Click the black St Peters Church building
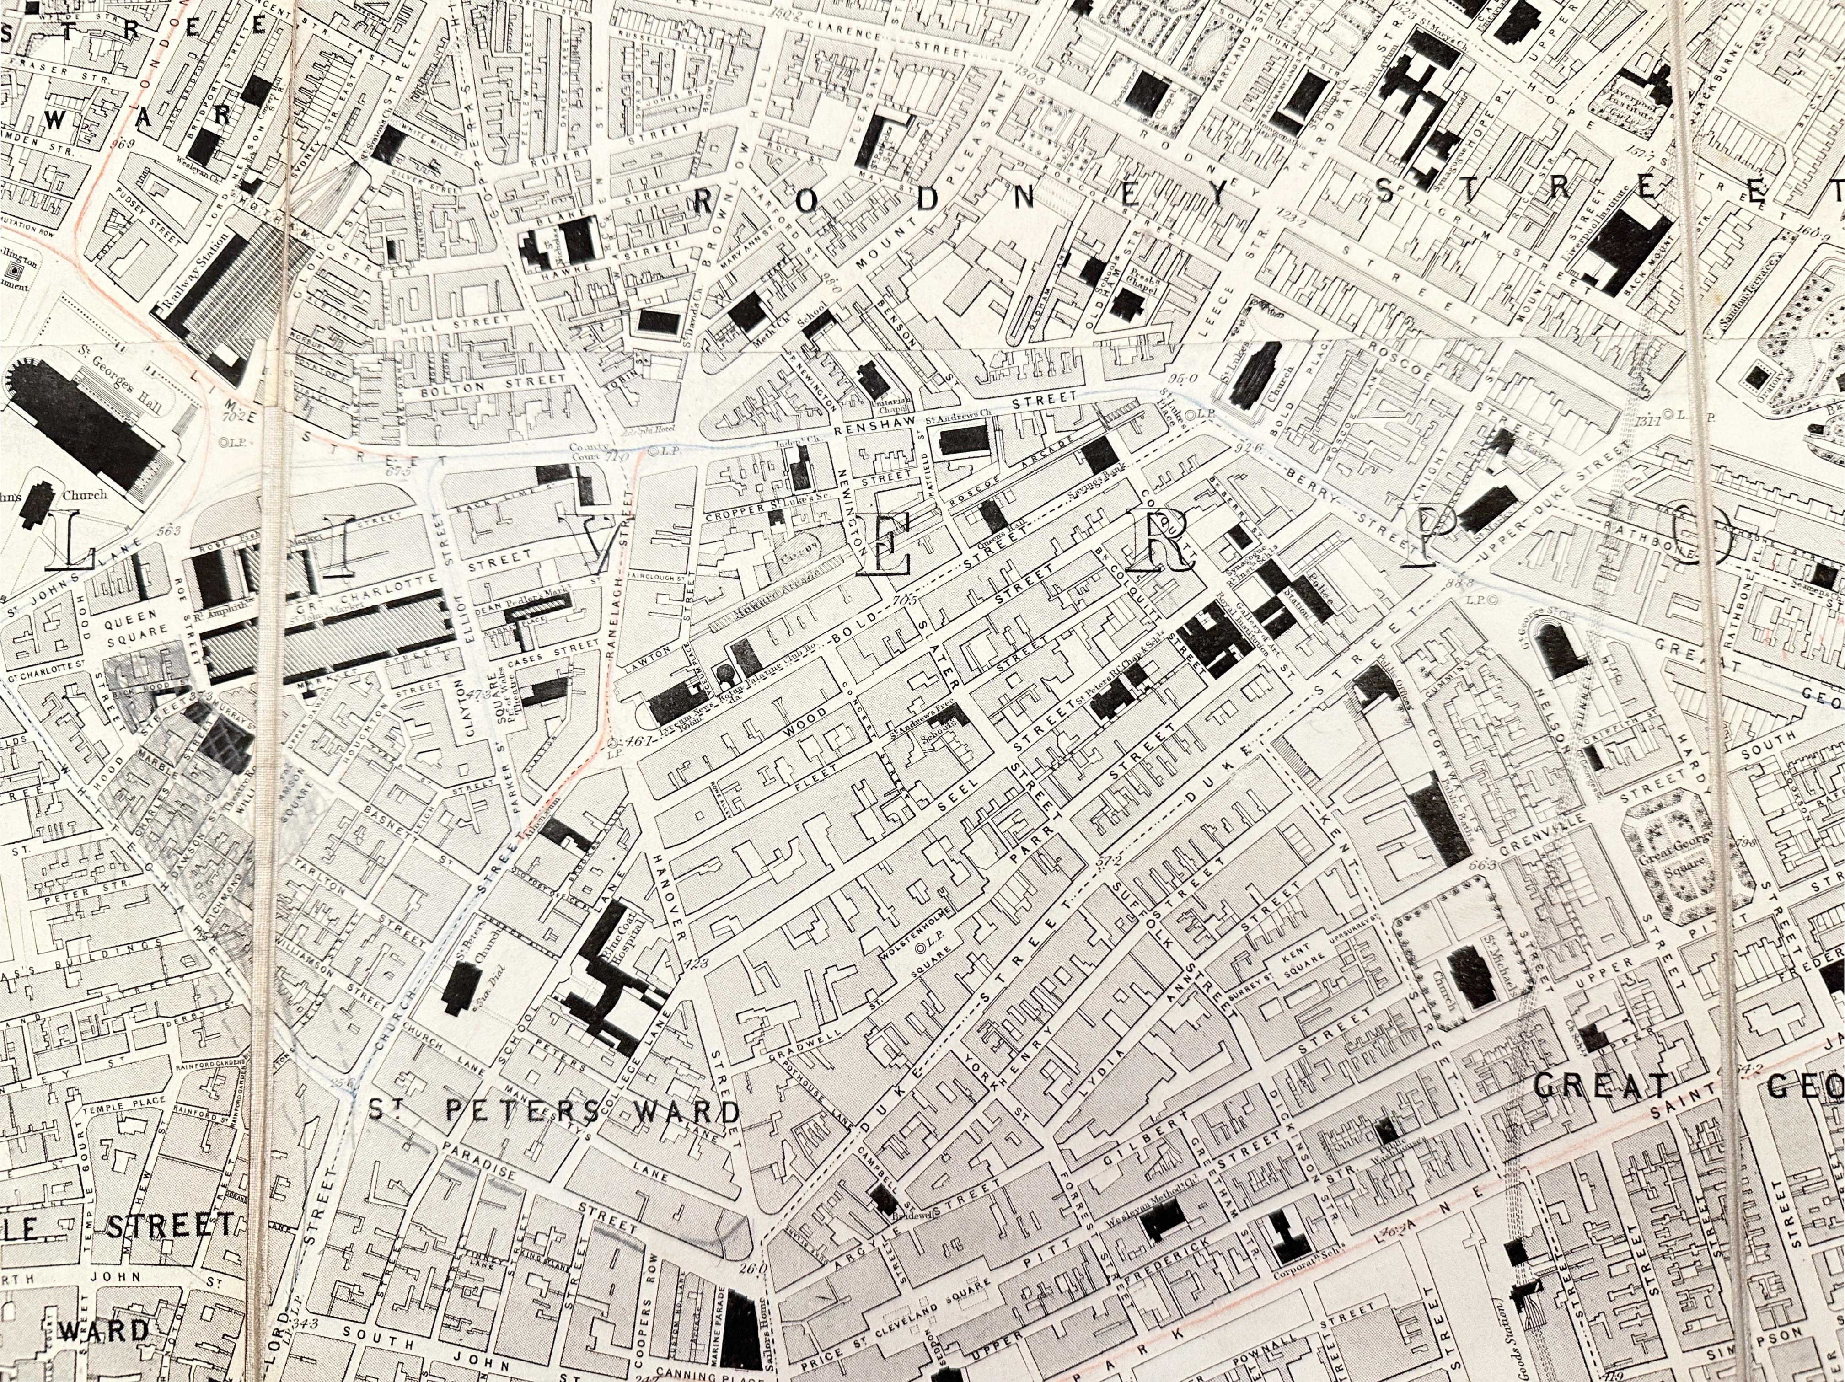click(x=457, y=988)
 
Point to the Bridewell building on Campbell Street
click(x=882, y=1200)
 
